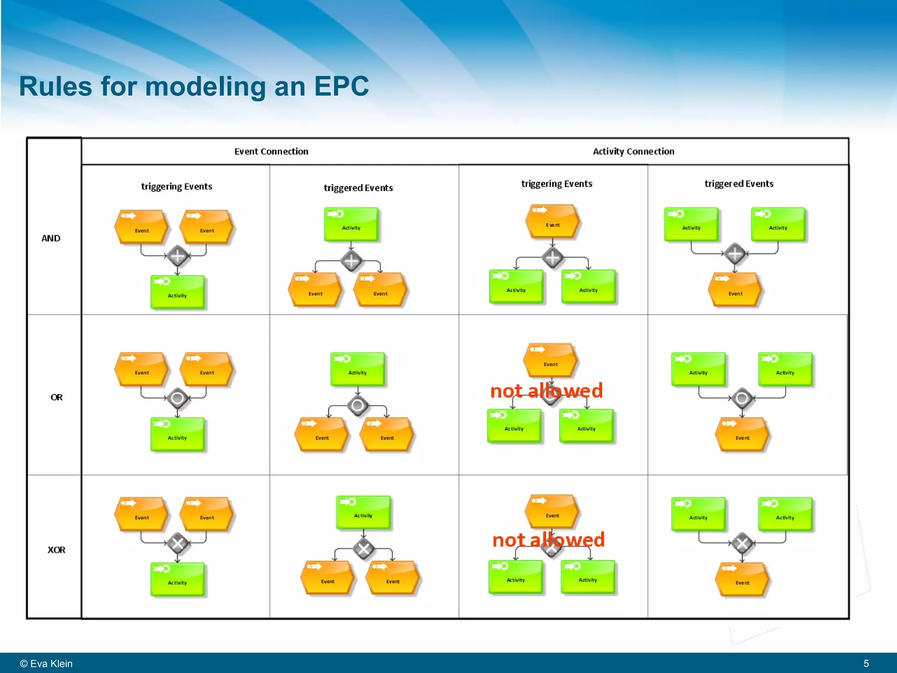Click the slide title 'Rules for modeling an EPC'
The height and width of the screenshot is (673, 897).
tap(194, 86)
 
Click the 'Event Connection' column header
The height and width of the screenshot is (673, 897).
tap(271, 152)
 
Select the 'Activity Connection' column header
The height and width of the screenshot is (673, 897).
tap(633, 152)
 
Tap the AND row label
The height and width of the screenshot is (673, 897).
tap(51, 238)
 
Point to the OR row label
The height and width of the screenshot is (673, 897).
tap(57, 397)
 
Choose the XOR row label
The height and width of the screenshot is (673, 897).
tap(57, 550)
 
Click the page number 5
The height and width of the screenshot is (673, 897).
tap(866, 663)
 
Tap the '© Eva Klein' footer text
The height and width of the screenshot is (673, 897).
tap(46, 663)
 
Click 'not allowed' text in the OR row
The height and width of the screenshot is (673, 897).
tap(546, 390)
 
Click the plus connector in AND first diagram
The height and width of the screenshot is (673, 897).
tap(177, 256)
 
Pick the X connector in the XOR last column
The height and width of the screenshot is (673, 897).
tap(742, 544)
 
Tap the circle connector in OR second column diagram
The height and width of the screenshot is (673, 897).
tap(357, 405)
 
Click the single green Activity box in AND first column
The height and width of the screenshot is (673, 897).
tap(177, 292)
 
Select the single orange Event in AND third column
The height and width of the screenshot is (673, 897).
tap(553, 221)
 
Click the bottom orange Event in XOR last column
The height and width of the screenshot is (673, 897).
tap(742, 580)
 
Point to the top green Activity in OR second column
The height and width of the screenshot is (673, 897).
tap(357, 369)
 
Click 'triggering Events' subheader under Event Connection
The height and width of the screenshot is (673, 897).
tap(177, 187)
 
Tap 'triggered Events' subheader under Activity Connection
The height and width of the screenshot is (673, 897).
tap(739, 184)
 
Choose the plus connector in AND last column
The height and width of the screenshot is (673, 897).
tap(735, 254)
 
